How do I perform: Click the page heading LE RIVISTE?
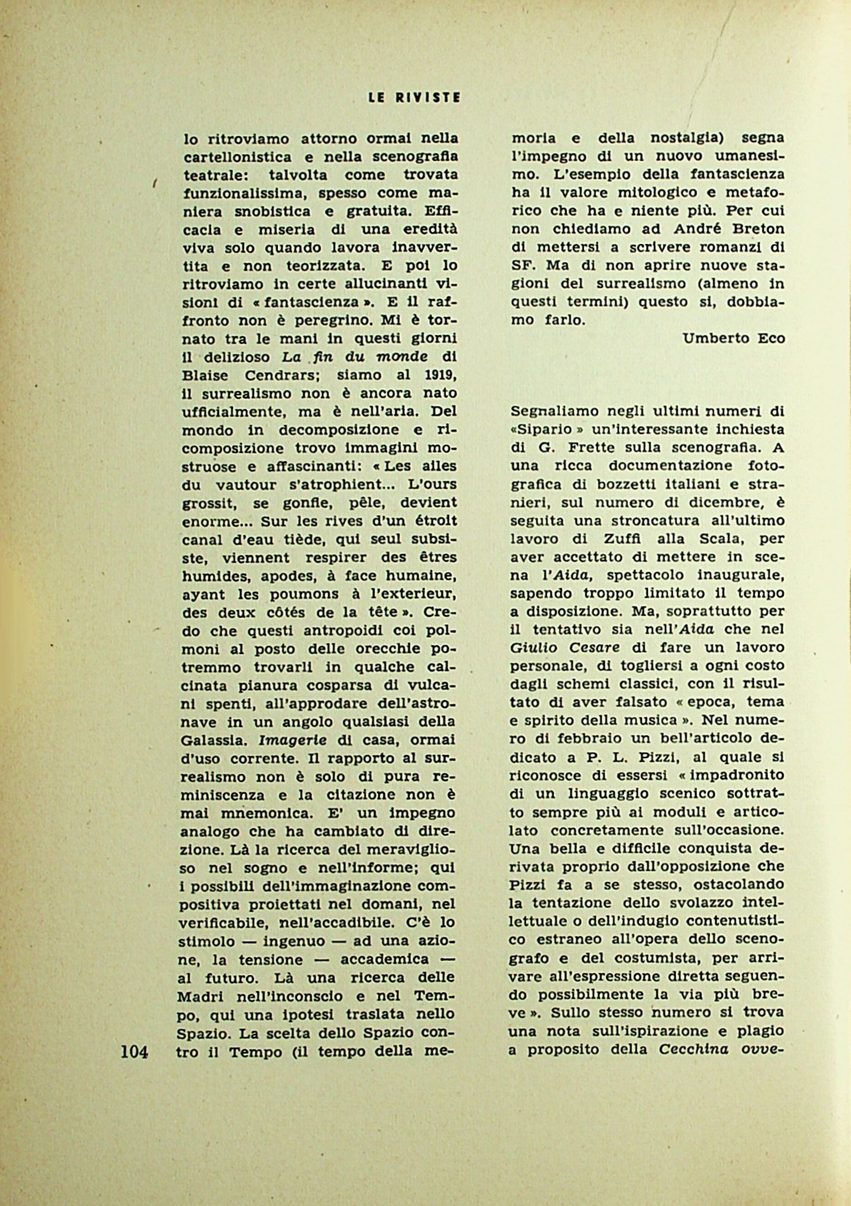(x=414, y=98)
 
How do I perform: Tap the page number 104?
(x=134, y=1053)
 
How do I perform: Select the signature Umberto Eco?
(x=733, y=338)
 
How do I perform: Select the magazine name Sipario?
(x=542, y=430)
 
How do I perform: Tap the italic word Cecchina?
(x=693, y=1050)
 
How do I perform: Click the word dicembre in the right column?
(x=727, y=502)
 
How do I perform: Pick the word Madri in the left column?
(x=201, y=995)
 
